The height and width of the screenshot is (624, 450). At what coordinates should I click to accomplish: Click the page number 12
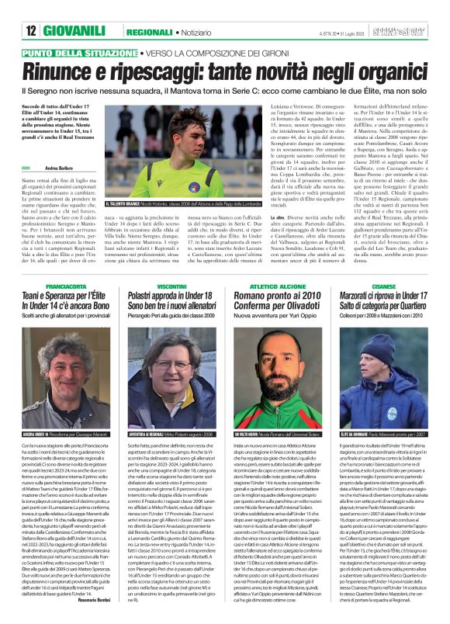(31, 30)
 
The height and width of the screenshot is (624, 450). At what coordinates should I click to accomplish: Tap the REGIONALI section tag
(150, 31)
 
